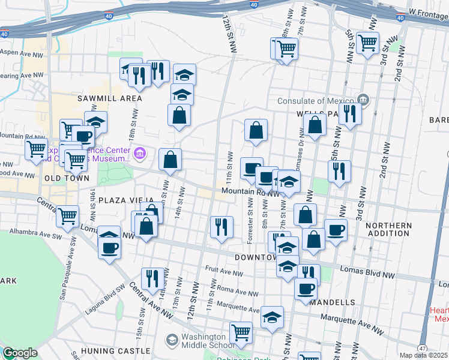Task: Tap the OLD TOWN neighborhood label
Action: click(x=66, y=178)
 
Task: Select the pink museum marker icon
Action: click(x=140, y=155)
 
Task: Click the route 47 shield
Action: click(x=423, y=348)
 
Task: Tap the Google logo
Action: click(x=20, y=353)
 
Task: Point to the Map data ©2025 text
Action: click(x=424, y=355)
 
